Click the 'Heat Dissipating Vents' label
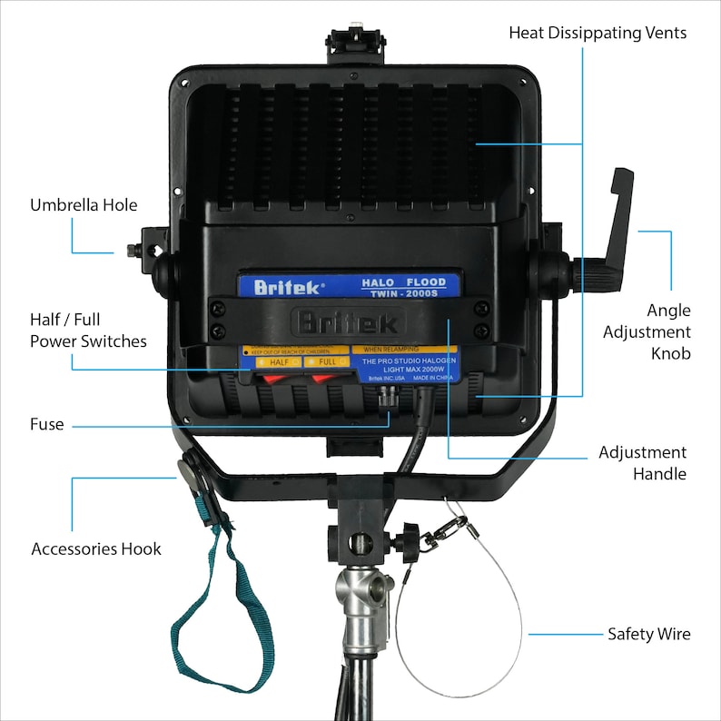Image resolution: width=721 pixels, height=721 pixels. (597, 33)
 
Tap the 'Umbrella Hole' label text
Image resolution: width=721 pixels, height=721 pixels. (84, 204)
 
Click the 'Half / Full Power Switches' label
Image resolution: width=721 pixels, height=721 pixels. (88, 331)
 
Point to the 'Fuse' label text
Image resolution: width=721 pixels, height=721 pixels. (46, 424)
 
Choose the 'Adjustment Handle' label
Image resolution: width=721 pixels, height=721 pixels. (642, 462)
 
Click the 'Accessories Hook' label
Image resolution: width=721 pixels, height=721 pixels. (96, 548)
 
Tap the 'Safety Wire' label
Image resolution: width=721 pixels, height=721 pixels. (648, 634)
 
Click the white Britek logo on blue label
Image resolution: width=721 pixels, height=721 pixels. (287, 288)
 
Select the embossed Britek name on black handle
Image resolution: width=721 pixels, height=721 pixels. (348, 322)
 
